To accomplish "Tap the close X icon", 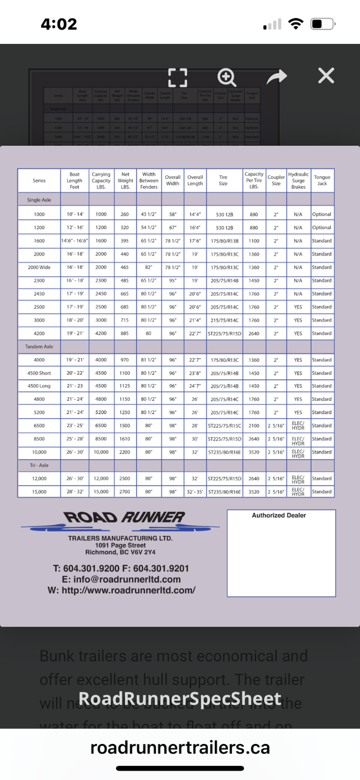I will (326, 76).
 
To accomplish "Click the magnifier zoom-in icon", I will (227, 77).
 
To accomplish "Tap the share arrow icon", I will (277, 77).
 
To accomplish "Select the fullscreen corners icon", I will (178, 77).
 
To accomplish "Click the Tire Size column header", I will (223, 180).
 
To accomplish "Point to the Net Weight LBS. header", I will (125, 180).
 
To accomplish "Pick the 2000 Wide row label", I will (39, 267).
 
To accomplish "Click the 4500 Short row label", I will (39, 373).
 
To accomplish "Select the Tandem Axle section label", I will (39, 347).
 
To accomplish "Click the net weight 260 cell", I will (125, 214).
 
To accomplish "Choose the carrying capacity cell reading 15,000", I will (101, 492).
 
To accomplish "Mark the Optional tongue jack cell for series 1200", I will (322, 228).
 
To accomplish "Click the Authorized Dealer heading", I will (279, 515).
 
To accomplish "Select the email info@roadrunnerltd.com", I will (121, 579).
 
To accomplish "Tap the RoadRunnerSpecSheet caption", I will (179, 698).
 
